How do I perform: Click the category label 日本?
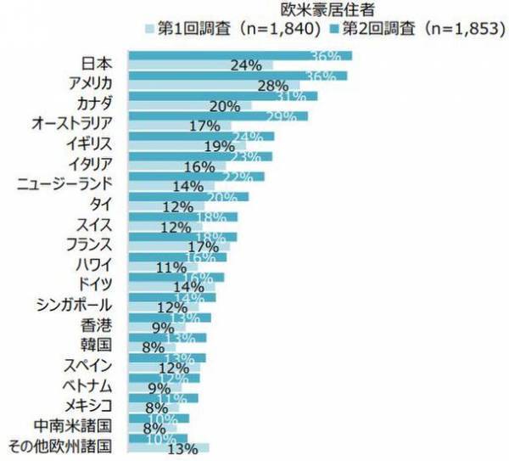pos(98,62)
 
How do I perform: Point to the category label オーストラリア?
pos(72,123)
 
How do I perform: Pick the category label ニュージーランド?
pos(66,183)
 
